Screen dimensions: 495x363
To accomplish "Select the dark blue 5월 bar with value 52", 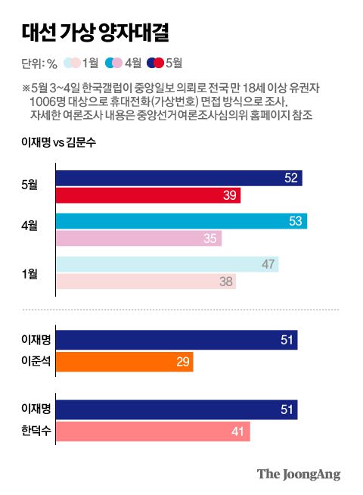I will [x=178, y=179].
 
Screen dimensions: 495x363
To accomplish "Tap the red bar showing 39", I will [x=147, y=196].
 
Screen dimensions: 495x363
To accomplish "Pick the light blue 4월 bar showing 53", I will [x=181, y=222].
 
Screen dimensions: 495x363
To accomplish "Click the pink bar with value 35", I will [x=138, y=239].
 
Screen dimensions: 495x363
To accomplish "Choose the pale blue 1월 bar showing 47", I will [x=167, y=264].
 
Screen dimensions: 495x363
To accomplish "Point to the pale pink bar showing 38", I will [x=145, y=282].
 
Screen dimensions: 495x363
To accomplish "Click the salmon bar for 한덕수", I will [x=152, y=431].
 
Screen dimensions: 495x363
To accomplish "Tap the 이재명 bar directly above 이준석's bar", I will [x=176, y=341].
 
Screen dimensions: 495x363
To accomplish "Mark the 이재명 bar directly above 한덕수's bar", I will [x=176, y=409].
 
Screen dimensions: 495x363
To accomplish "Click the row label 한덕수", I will [x=36, y=431].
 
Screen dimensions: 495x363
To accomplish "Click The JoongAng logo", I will [x=298, y=475].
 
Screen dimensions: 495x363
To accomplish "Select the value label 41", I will [x=237, y=431].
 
